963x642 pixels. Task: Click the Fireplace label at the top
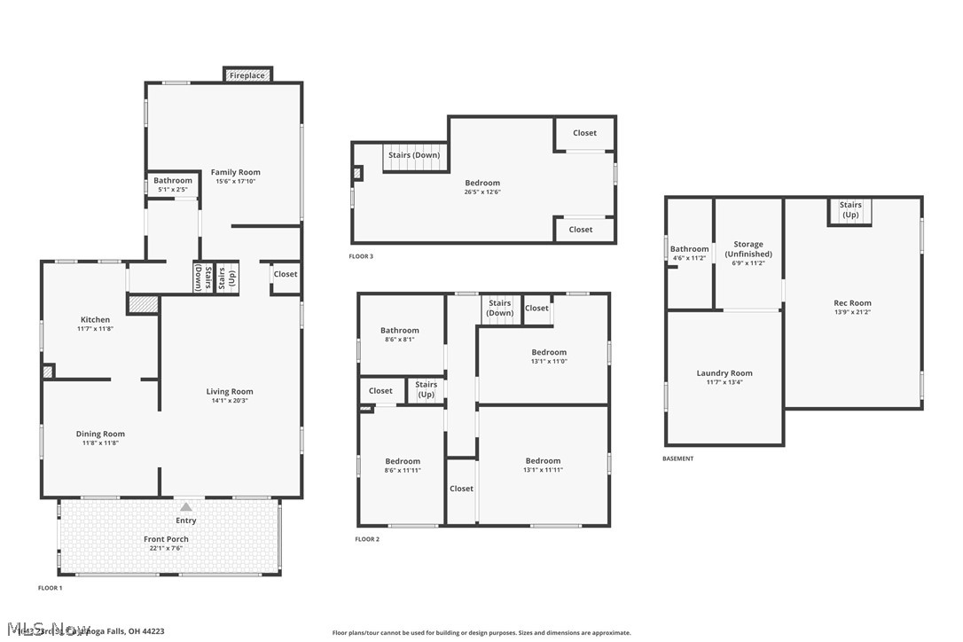247,76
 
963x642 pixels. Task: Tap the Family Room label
235,172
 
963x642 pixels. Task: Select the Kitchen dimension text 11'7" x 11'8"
96,329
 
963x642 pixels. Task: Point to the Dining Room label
100,434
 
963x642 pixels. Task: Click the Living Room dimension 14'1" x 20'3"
230,401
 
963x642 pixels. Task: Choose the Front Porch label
166,539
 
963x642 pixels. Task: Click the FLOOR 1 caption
50,588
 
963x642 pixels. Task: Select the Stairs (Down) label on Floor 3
414,155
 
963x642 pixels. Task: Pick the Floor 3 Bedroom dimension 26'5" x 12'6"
482,192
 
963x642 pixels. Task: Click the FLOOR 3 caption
361,257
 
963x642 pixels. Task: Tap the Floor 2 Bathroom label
399,331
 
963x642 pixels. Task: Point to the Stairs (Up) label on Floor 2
426,389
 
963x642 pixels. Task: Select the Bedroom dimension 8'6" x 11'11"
403,470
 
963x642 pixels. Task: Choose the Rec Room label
853,303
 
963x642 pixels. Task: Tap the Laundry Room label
724,373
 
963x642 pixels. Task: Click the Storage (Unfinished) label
748,249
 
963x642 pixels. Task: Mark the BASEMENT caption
678,458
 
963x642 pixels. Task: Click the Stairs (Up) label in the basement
850,210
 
